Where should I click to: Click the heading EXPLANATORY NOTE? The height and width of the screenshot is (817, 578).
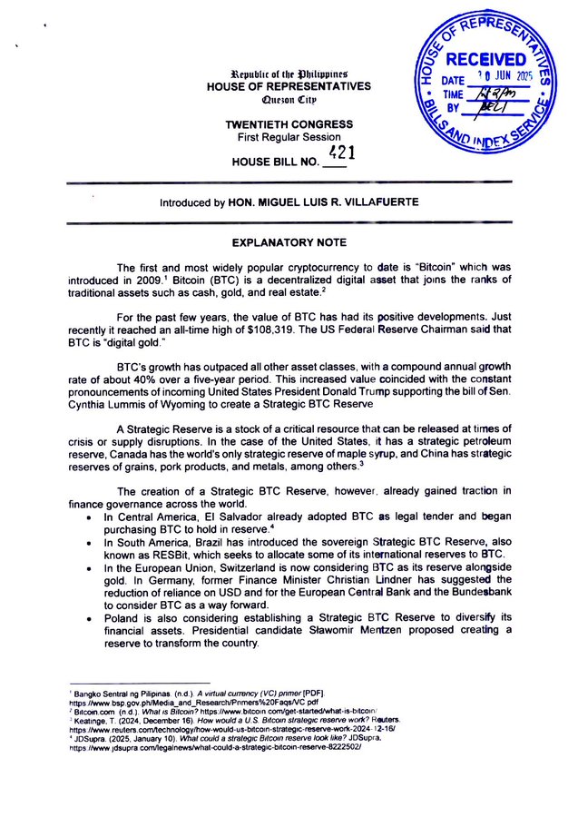(x=289, y=243)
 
